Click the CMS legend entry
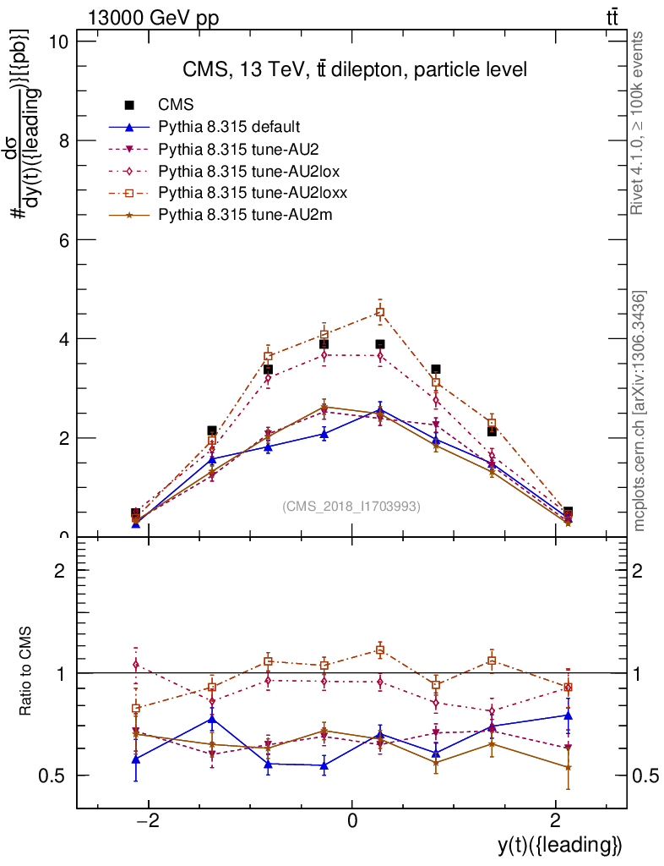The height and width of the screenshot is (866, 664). pyautogui.click(x=177, y=105)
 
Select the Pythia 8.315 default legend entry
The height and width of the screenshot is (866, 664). pyautogui.click(x=229, y=127)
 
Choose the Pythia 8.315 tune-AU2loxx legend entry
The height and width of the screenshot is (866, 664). pyautogui.click(x=253, y=193)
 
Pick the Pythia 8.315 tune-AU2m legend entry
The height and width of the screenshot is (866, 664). pyautogui.click(x=245, y=215)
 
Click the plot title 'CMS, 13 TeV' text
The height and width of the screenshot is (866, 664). pyautogui.click(x=355, y=69)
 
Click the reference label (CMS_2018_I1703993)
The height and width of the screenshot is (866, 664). pyautogui.click(x=351, y=506)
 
